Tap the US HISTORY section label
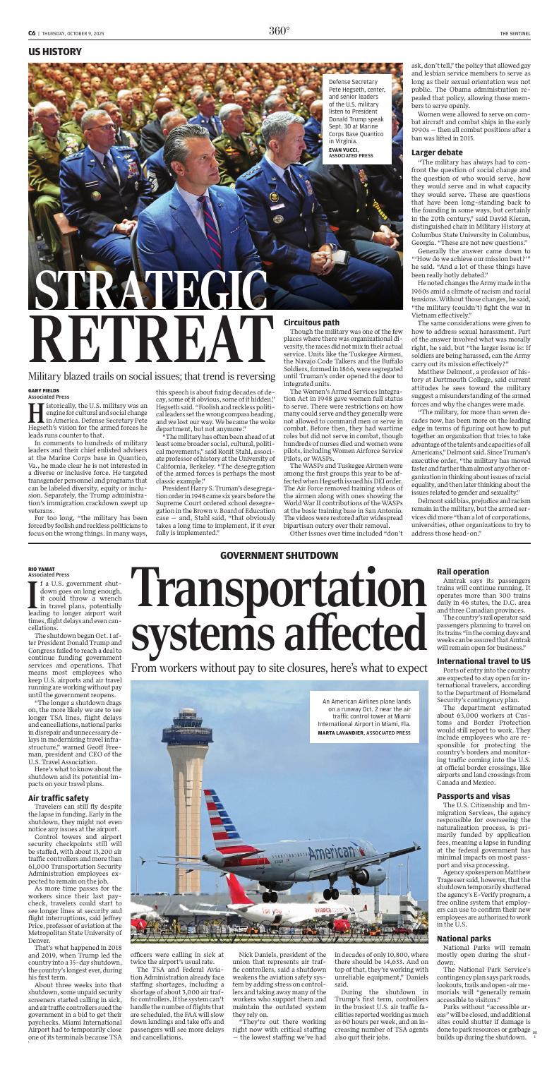click(56, 52)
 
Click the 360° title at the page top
click(279, 30)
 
